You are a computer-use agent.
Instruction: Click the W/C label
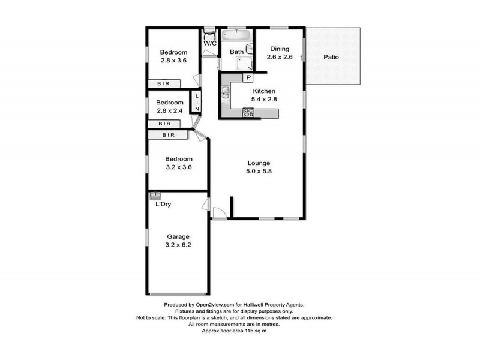[209, 44]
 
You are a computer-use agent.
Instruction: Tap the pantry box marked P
[248, 78]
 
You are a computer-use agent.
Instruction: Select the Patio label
[332, 58]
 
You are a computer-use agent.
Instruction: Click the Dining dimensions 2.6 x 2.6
[280, 58]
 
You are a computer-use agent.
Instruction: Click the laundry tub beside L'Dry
[155, 195]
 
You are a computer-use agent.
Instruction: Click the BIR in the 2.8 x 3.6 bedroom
[163, 84]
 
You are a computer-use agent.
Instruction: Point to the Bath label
[236, 52]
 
